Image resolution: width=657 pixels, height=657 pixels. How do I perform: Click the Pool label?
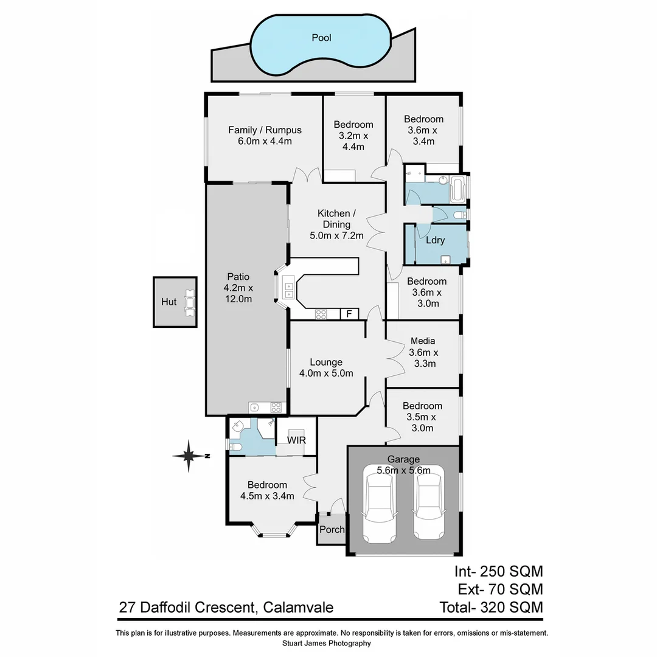pos(321,38)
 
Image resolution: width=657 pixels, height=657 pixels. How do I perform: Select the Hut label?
pos(169,302)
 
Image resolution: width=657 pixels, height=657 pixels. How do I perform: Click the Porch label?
pos(332,529)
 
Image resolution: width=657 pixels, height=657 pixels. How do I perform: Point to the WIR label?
pos(296,439)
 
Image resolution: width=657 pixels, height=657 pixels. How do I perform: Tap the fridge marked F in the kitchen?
pos(349,314)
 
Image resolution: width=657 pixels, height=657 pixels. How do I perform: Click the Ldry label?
pos(435,240)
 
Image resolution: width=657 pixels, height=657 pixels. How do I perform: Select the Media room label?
pos(423,341)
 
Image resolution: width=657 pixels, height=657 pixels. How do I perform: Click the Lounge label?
pos(326,362)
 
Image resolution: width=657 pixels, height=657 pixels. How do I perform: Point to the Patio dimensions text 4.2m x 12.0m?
pos(238,293)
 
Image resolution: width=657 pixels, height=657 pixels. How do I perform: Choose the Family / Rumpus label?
pos(265,130)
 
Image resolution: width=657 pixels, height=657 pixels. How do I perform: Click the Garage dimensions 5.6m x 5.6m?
pos(403,470)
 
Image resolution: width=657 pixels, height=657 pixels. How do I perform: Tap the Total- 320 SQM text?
pos(491,607)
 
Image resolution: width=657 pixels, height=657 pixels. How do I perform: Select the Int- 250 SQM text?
pos(498,571)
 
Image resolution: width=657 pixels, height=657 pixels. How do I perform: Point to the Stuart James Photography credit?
pos(327,643)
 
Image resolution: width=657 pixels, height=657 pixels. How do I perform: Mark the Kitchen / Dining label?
pos(334,219)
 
